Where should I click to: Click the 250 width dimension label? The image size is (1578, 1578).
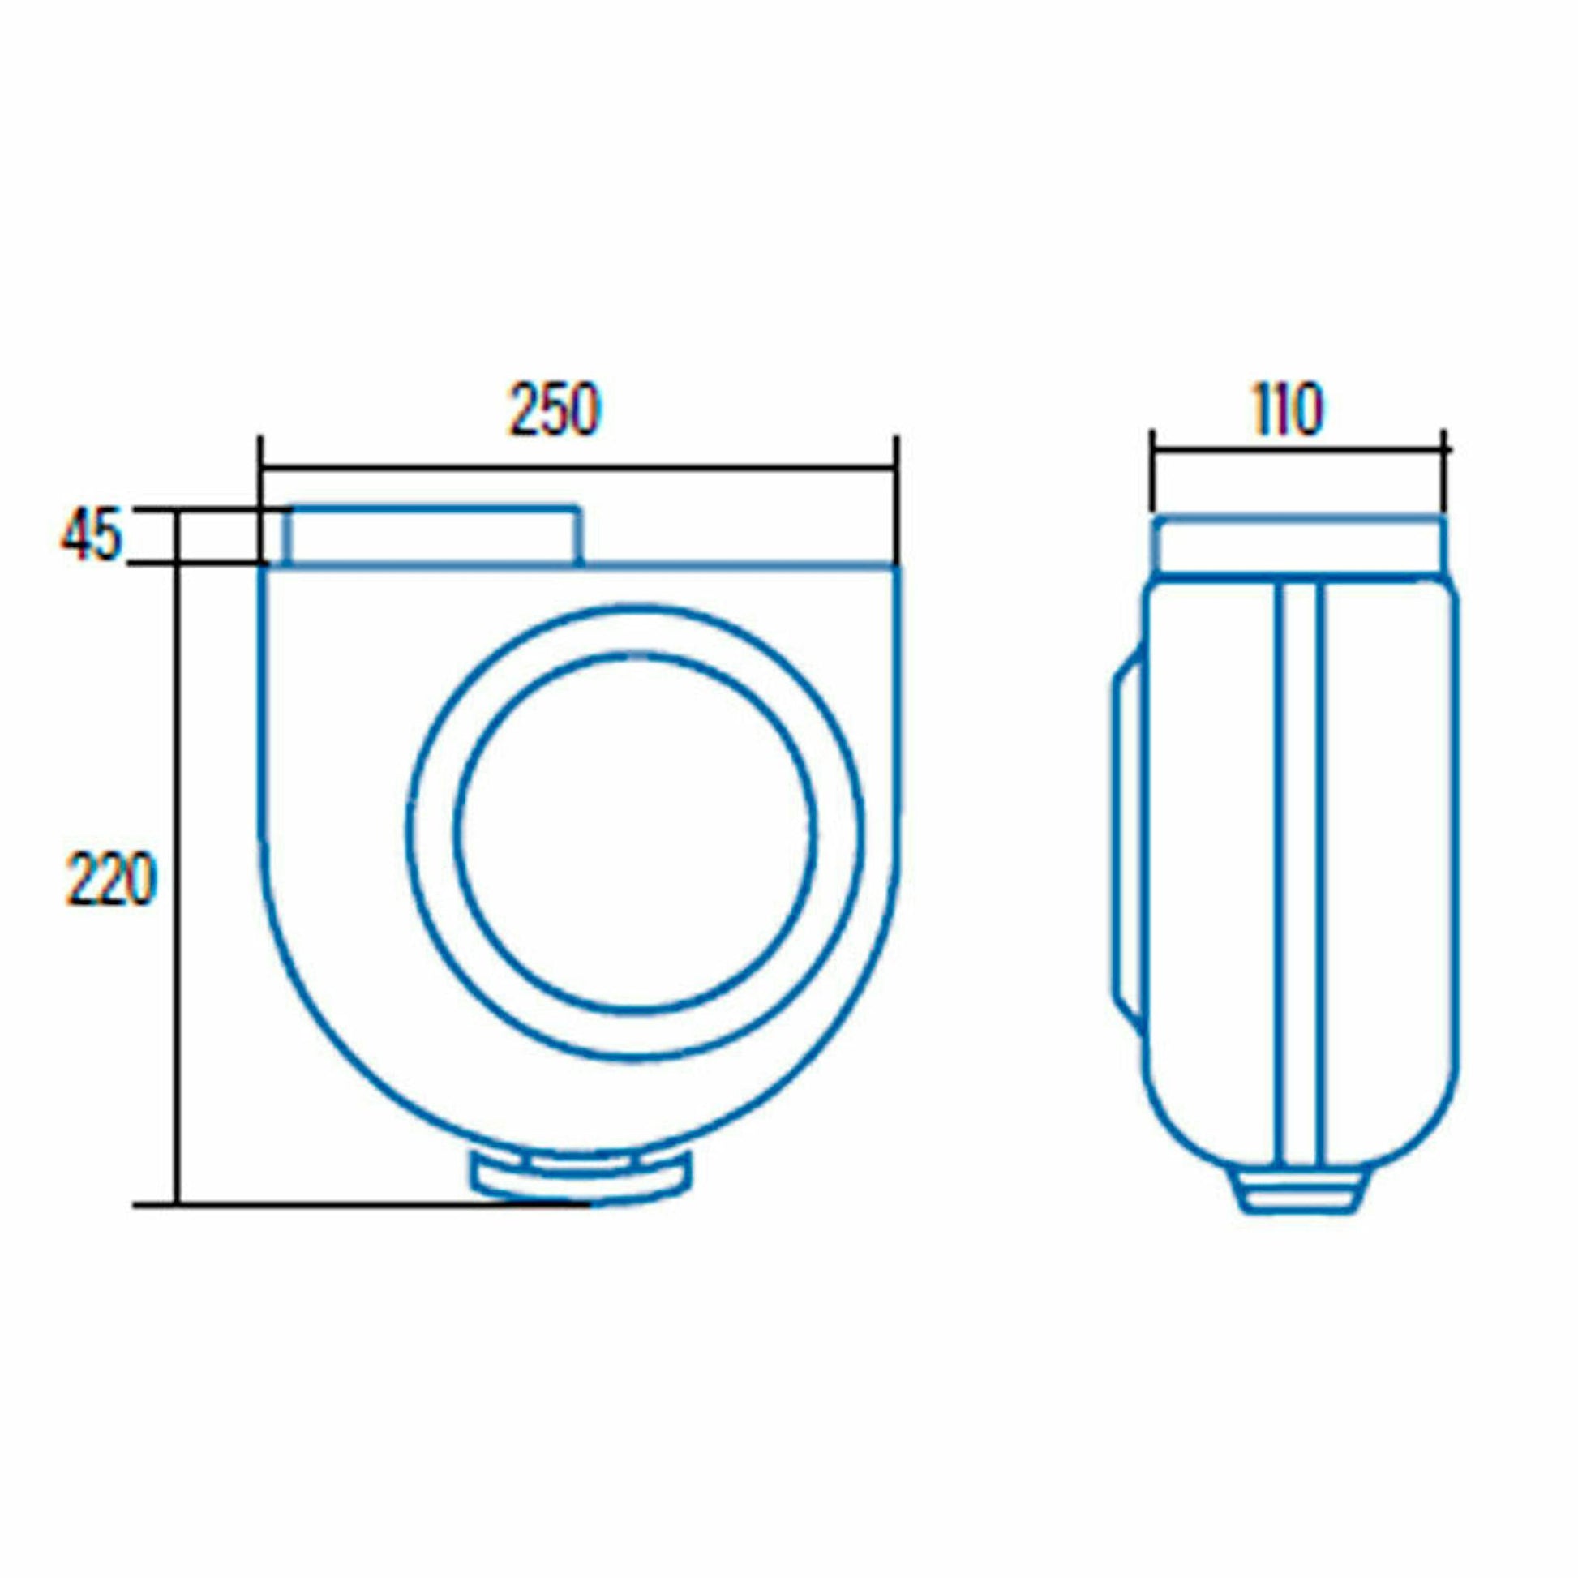(x=555, y=410)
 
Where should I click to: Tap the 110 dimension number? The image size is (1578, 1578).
(x=1287, y=410)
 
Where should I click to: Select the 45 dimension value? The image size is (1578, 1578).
(x=91, y=535)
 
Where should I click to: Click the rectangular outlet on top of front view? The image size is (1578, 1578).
(x=433, y=537)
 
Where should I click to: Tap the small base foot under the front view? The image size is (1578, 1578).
(x=582, y=1177)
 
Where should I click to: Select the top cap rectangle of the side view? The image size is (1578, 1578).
(x=1298, y=546)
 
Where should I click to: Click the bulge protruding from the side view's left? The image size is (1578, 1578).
(x=1128, y=841)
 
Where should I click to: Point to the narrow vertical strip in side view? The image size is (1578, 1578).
(x=1299, y=866)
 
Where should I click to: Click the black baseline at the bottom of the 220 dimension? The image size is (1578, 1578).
(x=359, y=1205)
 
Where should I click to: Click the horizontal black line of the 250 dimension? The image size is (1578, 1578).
(x=572, y=468)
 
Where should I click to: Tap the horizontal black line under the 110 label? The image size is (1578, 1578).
(x=1298, y=450)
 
